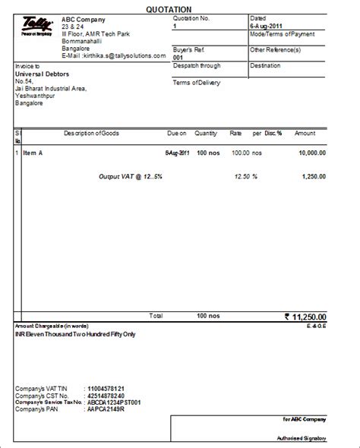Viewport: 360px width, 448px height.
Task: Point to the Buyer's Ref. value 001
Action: pos(178,57)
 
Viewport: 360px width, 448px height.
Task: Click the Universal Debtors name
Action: pos(43,74)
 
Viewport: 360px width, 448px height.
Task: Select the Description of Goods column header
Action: pos(91,134)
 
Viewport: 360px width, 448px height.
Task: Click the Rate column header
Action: pos(235,134)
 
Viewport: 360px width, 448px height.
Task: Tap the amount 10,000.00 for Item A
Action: pos(311,153)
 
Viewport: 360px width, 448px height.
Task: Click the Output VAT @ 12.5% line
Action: pos(130,176)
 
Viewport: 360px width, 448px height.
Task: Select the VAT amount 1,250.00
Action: pos(314,176)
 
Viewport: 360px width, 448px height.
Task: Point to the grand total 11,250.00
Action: pos(311,316)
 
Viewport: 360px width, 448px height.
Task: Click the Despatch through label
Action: pos(197,66)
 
